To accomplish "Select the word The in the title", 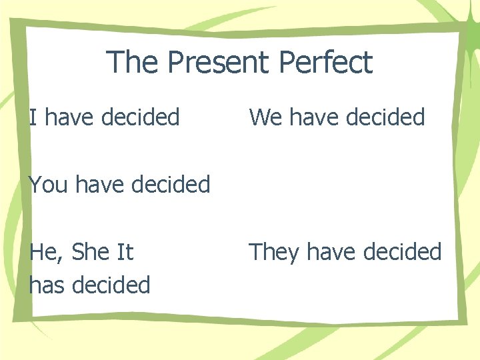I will point(133,63).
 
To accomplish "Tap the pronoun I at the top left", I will point(33,117).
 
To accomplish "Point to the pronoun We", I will point(265,117).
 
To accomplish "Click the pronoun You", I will point(49,184).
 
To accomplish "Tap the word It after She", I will point(125,252).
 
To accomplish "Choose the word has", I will point(47,285).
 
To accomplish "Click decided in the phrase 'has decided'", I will point(111,285).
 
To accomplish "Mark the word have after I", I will point(69,117).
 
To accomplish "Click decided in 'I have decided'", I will point(141,117).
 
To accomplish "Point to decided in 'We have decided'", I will point(387,117).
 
